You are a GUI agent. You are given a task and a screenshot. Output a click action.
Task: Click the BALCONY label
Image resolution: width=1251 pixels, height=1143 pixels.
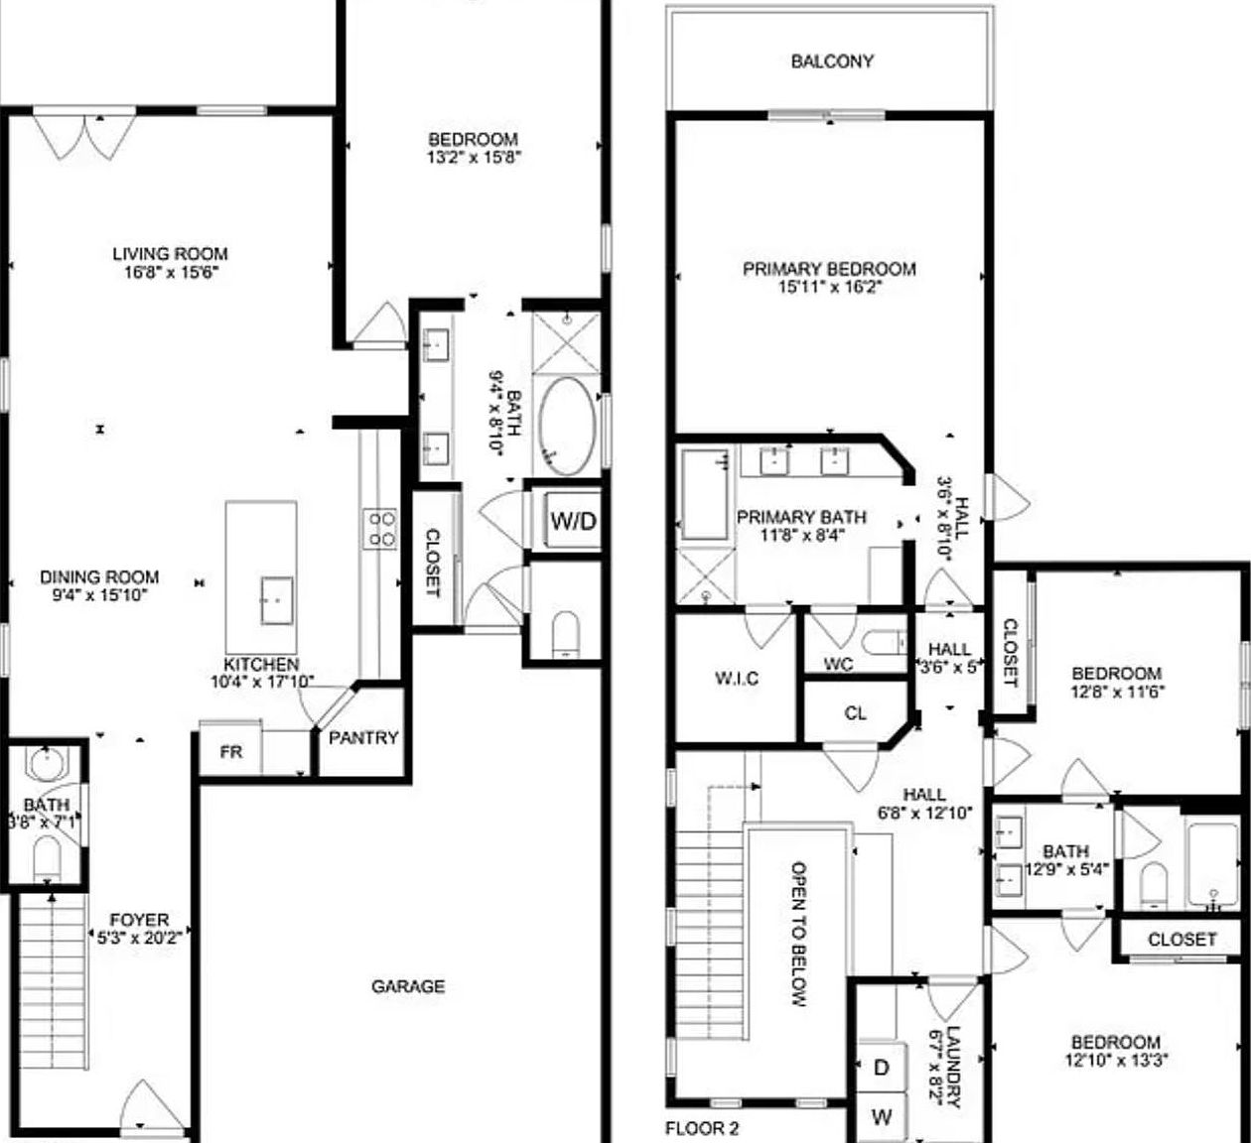click(x=832, y=62)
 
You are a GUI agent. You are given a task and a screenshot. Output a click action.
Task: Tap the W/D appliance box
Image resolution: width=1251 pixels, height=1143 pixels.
click(x=574, y=520)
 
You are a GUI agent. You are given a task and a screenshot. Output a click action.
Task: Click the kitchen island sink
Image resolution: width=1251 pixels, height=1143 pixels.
click(x=277, y=600)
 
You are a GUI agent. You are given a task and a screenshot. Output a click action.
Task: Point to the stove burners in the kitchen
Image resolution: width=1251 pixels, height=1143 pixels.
click(x=381, y=527)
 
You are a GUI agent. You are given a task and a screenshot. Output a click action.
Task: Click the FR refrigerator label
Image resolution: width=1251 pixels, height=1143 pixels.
click(x=231, y=752)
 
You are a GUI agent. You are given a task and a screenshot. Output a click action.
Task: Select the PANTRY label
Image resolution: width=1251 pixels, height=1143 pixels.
click(x=363, y=738)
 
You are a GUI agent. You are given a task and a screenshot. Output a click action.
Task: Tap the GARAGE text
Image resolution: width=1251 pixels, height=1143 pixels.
click(x=408, y=986)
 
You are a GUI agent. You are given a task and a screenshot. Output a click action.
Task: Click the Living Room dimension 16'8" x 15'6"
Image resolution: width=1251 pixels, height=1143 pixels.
click(x=170, y=272)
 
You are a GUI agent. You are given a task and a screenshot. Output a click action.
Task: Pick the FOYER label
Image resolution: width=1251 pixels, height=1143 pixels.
click(x=139, y=921)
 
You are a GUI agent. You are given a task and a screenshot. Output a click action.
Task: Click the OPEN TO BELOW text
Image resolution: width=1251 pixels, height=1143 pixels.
click(x=798, y=933)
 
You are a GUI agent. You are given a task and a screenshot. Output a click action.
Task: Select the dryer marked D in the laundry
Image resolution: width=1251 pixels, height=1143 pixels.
click(x=881, y=1068)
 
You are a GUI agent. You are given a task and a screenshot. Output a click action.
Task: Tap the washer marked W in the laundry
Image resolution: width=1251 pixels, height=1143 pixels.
click(x=881, y=1117)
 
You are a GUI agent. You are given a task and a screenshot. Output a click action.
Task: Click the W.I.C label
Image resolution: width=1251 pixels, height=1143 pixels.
click(x=737, y=679)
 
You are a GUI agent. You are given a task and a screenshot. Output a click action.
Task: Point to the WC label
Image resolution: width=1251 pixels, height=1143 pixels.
click(x=838, y=665)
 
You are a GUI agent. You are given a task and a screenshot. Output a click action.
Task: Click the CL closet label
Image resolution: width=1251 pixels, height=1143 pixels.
click(x=855, y=712)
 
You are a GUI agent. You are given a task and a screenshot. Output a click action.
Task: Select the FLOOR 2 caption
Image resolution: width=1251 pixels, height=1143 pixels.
click(x=702, y=1128)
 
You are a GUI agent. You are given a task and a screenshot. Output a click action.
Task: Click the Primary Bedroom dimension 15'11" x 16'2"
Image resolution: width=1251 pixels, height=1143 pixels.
click(x=829, y=288)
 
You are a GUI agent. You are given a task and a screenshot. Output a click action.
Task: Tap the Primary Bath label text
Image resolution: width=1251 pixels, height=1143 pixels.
click(x=801, y=517)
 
